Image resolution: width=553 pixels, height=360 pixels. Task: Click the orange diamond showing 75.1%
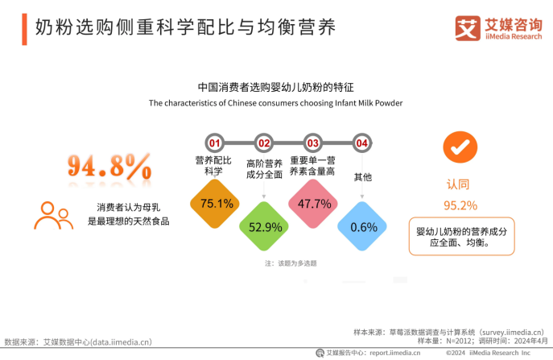216,203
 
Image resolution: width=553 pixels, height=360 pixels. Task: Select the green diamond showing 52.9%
265,226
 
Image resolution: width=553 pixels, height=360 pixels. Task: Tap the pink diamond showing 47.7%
314,204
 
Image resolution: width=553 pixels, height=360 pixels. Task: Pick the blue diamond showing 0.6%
363,226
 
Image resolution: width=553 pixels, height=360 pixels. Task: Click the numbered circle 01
215,143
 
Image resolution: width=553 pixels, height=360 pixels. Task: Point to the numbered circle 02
264,143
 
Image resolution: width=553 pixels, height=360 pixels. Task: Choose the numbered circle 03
313,143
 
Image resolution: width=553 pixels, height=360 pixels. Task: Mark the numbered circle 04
362,143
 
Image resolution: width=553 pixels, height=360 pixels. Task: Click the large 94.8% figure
109,166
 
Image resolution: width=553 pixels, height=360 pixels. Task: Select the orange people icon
54,214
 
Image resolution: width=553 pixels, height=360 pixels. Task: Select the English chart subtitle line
275,103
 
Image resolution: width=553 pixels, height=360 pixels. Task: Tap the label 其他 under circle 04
363,176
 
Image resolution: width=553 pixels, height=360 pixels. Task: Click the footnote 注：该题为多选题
290,263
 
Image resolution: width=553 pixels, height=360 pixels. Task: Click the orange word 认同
459,184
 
